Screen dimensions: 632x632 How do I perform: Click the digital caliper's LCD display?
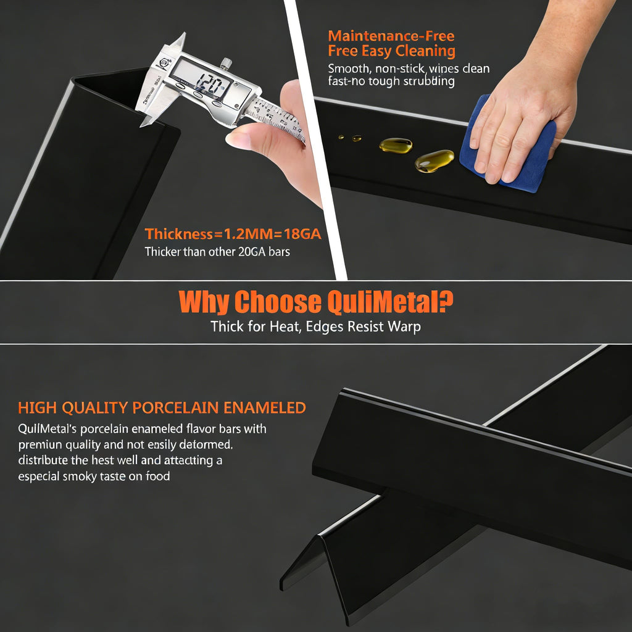[201, 78]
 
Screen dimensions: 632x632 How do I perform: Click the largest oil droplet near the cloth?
[434, 161]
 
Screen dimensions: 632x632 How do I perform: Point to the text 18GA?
[302, 234]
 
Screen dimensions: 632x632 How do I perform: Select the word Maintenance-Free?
[391, 36]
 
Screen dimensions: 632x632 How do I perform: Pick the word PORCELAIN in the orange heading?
[175, 408]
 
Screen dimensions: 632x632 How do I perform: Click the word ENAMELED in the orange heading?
[264, 408]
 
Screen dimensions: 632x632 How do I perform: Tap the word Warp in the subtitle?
[404, 327]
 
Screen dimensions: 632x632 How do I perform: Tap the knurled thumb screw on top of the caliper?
[227, 64]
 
